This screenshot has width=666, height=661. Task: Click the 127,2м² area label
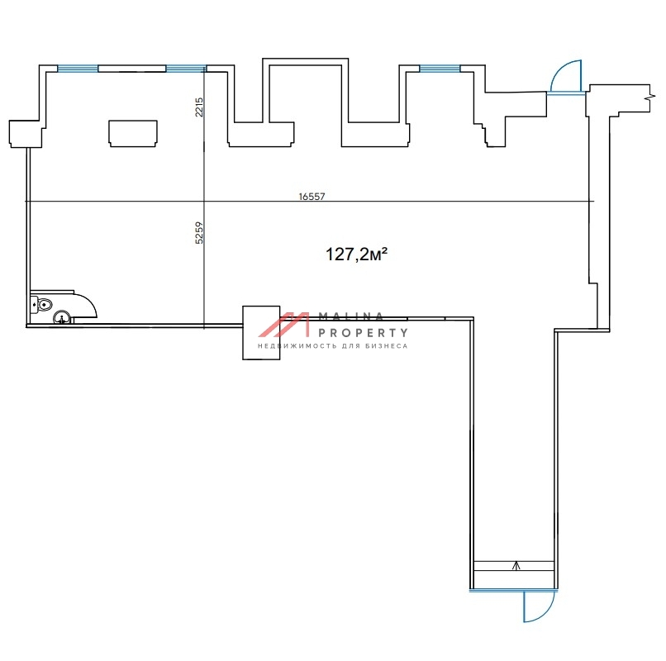[x=357, y=254]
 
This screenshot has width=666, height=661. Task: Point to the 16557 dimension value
[x=312, y=197]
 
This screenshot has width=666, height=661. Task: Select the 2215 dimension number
[x=199, y=107]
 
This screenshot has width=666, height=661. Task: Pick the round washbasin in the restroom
[x=62, y=316]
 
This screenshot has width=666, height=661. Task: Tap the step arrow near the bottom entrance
[x=516, y=566]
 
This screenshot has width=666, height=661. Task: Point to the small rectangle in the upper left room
[x=132, y=132]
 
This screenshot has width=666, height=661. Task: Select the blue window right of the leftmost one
[x=186, y=69]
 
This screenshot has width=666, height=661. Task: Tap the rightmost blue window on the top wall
[x=440, y=69]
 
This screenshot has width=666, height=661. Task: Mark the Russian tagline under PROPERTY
[x=333, y=346]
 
